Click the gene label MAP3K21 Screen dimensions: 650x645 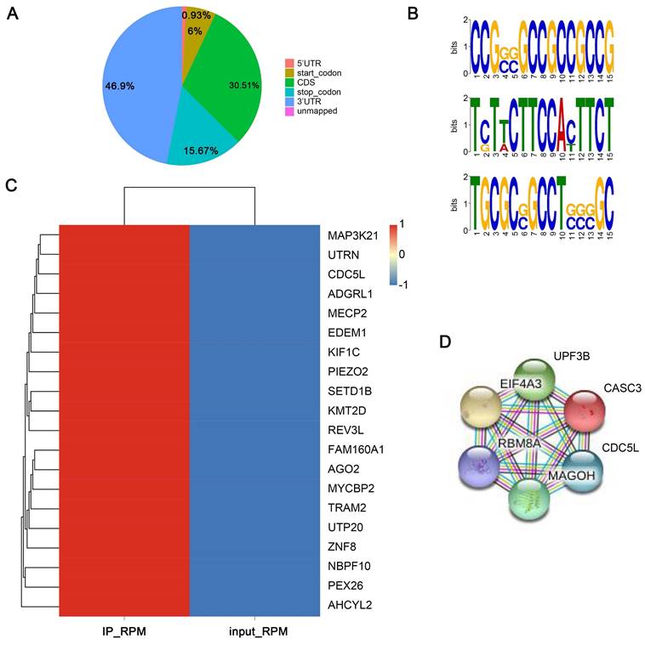[x=354, y=235]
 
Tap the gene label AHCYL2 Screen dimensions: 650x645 [x=349, y=604]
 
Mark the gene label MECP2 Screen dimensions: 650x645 [x=345, y=313]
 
